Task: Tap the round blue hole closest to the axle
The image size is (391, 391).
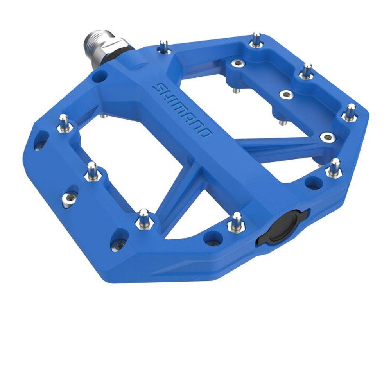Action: click(x=99, y=77)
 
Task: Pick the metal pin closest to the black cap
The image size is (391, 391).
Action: click(x=236, y=222)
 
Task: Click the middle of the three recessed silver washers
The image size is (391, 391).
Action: click(x=286, y=94)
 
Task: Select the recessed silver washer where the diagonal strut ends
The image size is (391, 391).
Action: click(x=327, y=137)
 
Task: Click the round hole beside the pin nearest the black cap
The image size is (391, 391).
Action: click(x=213, y=238)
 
